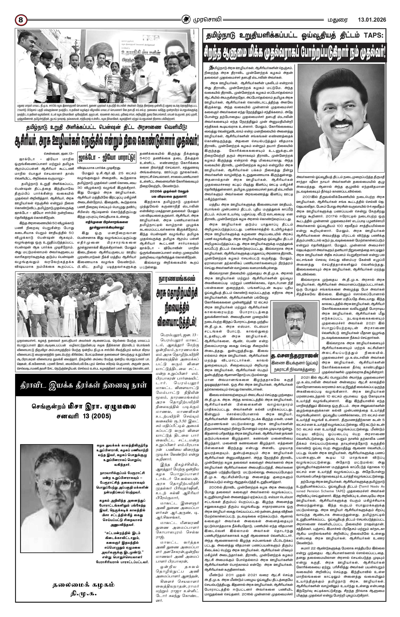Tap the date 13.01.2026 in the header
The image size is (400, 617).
(372, 20)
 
